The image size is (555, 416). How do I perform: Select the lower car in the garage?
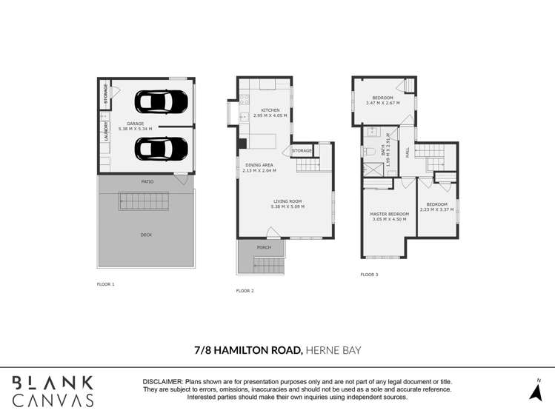click(157, 149)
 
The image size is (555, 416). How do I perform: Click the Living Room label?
click(288, 201)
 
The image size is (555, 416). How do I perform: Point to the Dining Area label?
click(259, 165)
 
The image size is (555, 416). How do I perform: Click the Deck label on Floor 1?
click(146, 235)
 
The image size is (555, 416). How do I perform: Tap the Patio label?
click(147, 181)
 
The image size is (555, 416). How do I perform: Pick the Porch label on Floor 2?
click(264, 247)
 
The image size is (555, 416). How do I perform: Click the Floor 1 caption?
click(106, 284)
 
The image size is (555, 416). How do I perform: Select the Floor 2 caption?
click(245, 291)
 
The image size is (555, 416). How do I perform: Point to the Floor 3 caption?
click(369, 275)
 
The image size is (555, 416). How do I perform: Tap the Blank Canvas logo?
click(52, 391)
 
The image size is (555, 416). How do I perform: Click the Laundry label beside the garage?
click(106, 131)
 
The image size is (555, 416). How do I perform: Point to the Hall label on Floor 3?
click(408, 151)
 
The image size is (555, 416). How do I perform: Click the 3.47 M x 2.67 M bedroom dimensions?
click(382, 103)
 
